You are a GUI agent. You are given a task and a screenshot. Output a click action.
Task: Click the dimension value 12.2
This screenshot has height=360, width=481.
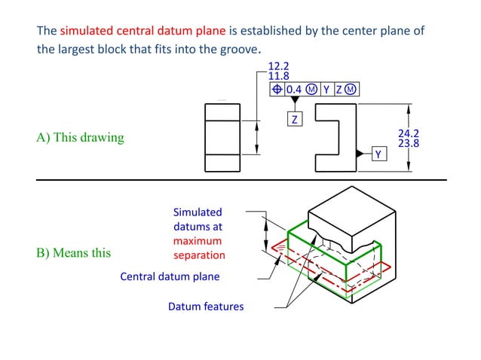pos(278,66)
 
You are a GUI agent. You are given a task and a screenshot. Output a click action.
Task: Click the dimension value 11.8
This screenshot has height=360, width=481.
pos(278,76)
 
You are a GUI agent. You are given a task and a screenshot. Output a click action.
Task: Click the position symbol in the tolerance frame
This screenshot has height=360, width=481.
pos(277,90)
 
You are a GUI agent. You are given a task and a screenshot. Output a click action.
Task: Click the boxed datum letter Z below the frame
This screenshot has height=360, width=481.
pos(295,120)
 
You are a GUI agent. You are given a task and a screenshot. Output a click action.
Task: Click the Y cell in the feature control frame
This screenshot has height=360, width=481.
pos(326,90)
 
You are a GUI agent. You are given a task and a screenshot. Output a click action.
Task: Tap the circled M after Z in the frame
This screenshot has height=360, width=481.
pos(351,90)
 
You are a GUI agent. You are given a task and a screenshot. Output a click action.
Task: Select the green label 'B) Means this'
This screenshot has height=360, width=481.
pos(73,252)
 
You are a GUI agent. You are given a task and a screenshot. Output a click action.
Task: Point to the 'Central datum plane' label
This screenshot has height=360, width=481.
pos(170,276)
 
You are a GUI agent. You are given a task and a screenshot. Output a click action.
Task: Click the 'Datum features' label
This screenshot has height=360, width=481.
pos(206,307)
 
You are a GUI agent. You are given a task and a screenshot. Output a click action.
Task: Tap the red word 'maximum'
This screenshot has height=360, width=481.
pos(198,241)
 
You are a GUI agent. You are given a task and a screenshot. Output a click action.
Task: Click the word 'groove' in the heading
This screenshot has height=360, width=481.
pos(240,50)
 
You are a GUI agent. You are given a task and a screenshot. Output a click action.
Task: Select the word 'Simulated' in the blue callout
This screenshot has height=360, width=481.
pos(198,212)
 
